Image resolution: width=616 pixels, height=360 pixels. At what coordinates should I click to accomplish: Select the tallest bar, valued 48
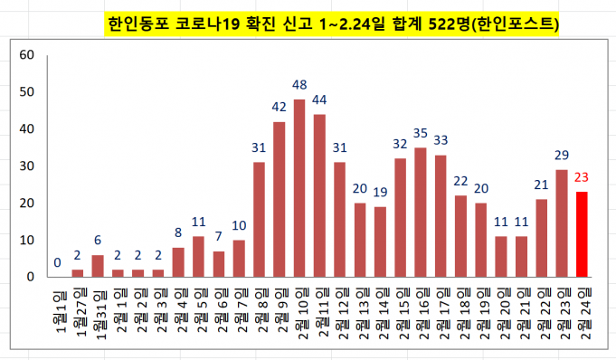pos(299,187)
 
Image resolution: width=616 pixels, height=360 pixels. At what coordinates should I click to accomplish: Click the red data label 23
pos(582,178)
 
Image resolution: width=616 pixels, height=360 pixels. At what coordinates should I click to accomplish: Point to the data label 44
pos(319,99)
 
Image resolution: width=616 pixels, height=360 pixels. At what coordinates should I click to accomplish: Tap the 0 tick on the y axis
pos(29,276)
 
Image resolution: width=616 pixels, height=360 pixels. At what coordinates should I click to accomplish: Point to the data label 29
pos(562,156)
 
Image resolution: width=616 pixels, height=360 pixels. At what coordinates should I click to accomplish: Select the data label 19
pos(380,193)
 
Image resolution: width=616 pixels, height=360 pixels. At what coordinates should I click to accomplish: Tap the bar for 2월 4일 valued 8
pos(178,261)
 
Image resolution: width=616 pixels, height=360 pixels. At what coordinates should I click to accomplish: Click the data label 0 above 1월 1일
pos(57,263)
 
